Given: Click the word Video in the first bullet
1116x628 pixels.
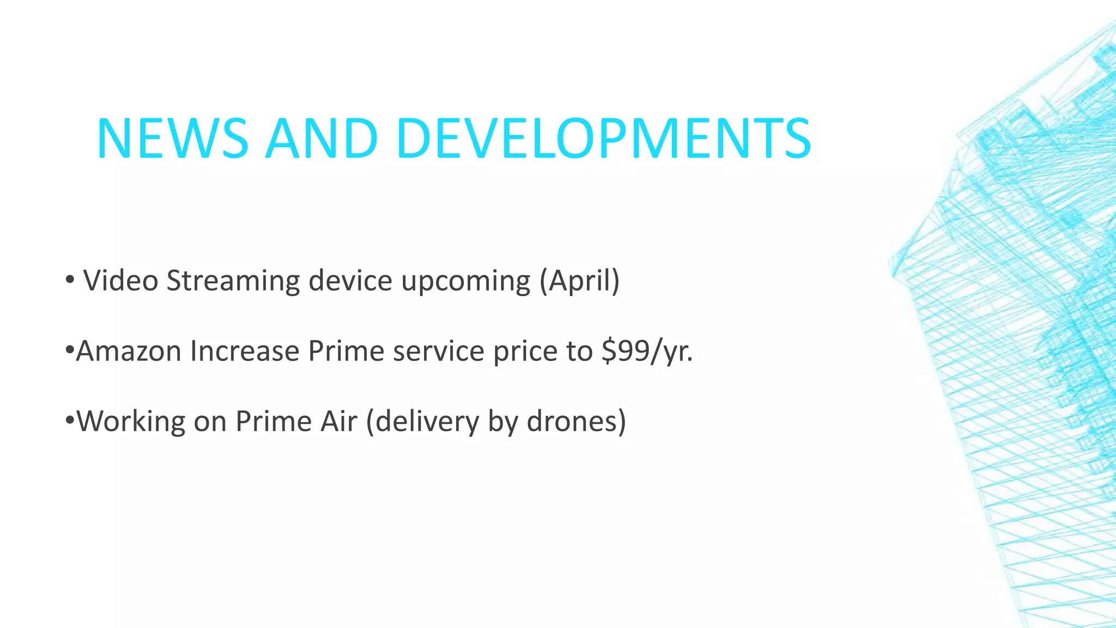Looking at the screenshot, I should click(x=120, y=281).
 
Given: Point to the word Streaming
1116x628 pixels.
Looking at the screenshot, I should click(x=233, y=282).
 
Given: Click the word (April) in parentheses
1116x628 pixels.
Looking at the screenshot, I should click(x=580, y=282).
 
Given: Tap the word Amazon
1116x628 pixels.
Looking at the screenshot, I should click(x=129, y=351).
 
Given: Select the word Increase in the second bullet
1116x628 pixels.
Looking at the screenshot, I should click(x=245, y=351).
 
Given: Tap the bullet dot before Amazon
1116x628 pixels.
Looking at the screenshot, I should click(x=69, y=349).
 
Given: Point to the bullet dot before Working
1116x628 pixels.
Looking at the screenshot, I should click(x=69, y=420).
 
